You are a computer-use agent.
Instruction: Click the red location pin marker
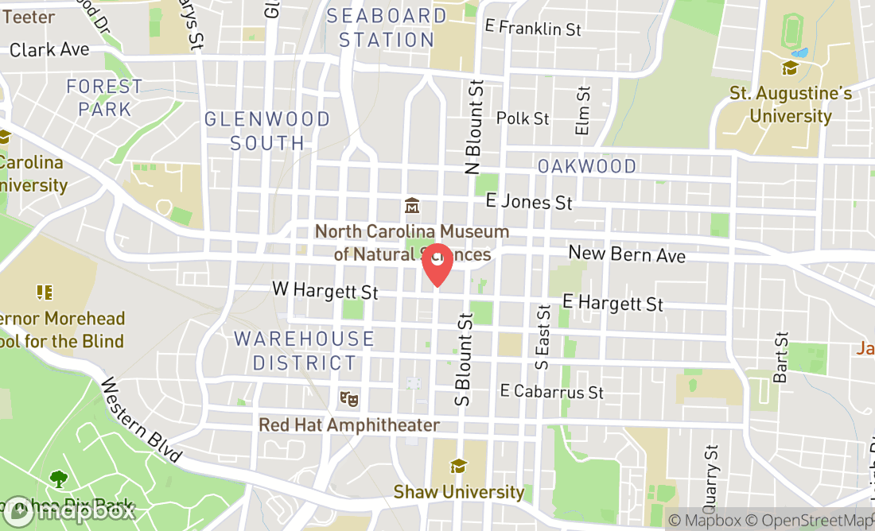(x=437, y=264)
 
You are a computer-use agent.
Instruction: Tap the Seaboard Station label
(x=387, y=27)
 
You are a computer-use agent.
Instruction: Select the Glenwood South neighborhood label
(x=267, y=131)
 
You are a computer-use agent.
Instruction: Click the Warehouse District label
(x=304, y=351)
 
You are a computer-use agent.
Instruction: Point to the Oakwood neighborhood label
(x=587, y=166)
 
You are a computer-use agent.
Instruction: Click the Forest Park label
(x=104, y=97)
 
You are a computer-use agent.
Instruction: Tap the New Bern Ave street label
(x=627, y=254)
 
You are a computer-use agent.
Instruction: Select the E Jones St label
(x=529, y=202)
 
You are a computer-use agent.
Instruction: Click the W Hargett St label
(x=325, y=290)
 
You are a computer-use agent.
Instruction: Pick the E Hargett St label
(x=612, y=303)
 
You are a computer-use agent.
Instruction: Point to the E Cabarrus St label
(x=552, y=391)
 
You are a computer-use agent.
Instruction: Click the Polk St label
(x=523, y=118)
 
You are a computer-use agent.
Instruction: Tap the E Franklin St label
(x=533, y=28)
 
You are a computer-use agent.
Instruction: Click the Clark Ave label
(x=49, y=50)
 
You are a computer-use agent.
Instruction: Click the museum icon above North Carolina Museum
(x=412, y=206)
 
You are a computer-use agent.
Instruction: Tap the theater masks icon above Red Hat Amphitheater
(x=347, y=397)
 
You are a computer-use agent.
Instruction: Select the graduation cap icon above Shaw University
(x=458, y=466)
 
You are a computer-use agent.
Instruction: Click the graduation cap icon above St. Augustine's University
(x=790, y=68)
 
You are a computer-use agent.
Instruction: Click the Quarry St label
(x=710, y=475)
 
